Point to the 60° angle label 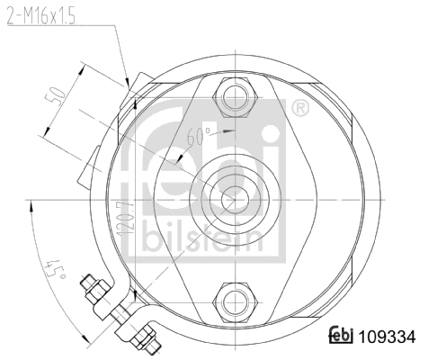(x=199, y=137)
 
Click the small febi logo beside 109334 (x=341, y=336)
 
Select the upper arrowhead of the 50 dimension (x=83, y=65)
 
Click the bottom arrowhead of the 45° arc (x=84, y=339)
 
